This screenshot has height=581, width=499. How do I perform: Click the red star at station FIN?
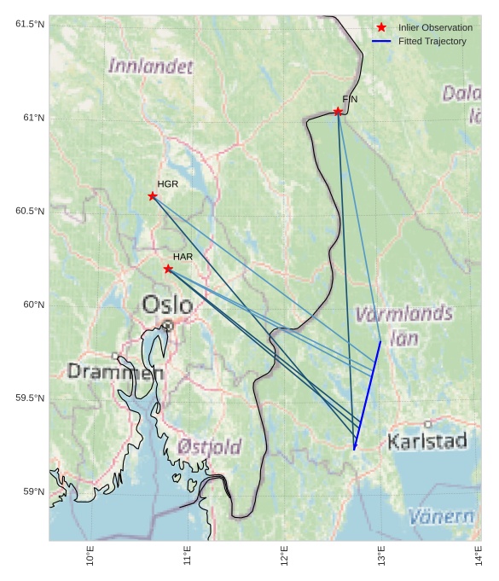(x=338, y=112)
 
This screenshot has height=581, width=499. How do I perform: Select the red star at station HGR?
(x=153, y=196)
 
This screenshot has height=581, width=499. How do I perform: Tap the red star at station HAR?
(x=168, y=269)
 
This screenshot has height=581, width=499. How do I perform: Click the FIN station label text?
(x=350, y=100)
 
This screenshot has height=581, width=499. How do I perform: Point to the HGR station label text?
(x=168, y=184)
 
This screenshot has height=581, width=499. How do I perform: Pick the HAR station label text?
(x=183, y=257)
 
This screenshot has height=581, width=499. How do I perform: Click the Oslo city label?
(x=167, y=305)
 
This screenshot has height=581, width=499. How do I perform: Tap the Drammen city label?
(x=115, y=372)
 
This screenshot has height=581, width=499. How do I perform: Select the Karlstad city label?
(x=427, y=441)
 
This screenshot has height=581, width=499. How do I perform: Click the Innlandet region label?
(x=151, y=66)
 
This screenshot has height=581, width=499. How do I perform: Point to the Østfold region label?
(x=210, y=446)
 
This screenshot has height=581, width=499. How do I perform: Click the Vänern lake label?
(x=441, y=516)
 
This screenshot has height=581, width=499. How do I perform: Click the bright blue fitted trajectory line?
(x=368, y=393)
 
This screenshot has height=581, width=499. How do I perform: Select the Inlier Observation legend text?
(x=435, y=28)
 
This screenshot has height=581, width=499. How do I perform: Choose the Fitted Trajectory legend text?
(x=432, y=42)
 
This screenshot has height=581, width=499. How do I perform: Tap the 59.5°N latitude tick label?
(x=30, y=398)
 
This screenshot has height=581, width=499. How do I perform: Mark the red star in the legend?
(x=381, y=27)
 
